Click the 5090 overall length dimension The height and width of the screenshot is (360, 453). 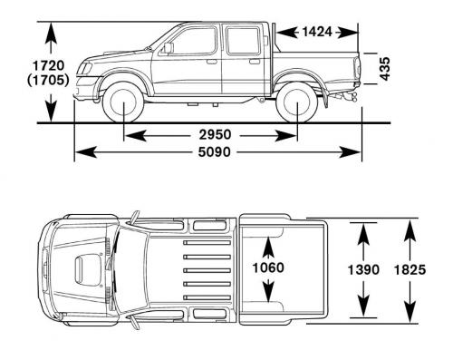click(214, 151)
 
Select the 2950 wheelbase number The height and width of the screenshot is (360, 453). click(215, 134)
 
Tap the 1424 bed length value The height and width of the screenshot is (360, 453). click(317, 32)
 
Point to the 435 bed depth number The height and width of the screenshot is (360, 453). click(384, 69)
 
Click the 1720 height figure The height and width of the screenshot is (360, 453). click(48, 65)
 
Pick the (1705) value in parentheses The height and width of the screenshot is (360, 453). click(48, 80)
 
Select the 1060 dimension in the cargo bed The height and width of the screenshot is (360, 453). click(268, 268)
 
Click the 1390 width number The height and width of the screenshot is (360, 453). click(363, 269)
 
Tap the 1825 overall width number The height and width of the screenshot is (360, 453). click(410, 269)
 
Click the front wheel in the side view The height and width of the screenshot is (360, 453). click(123, 102)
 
